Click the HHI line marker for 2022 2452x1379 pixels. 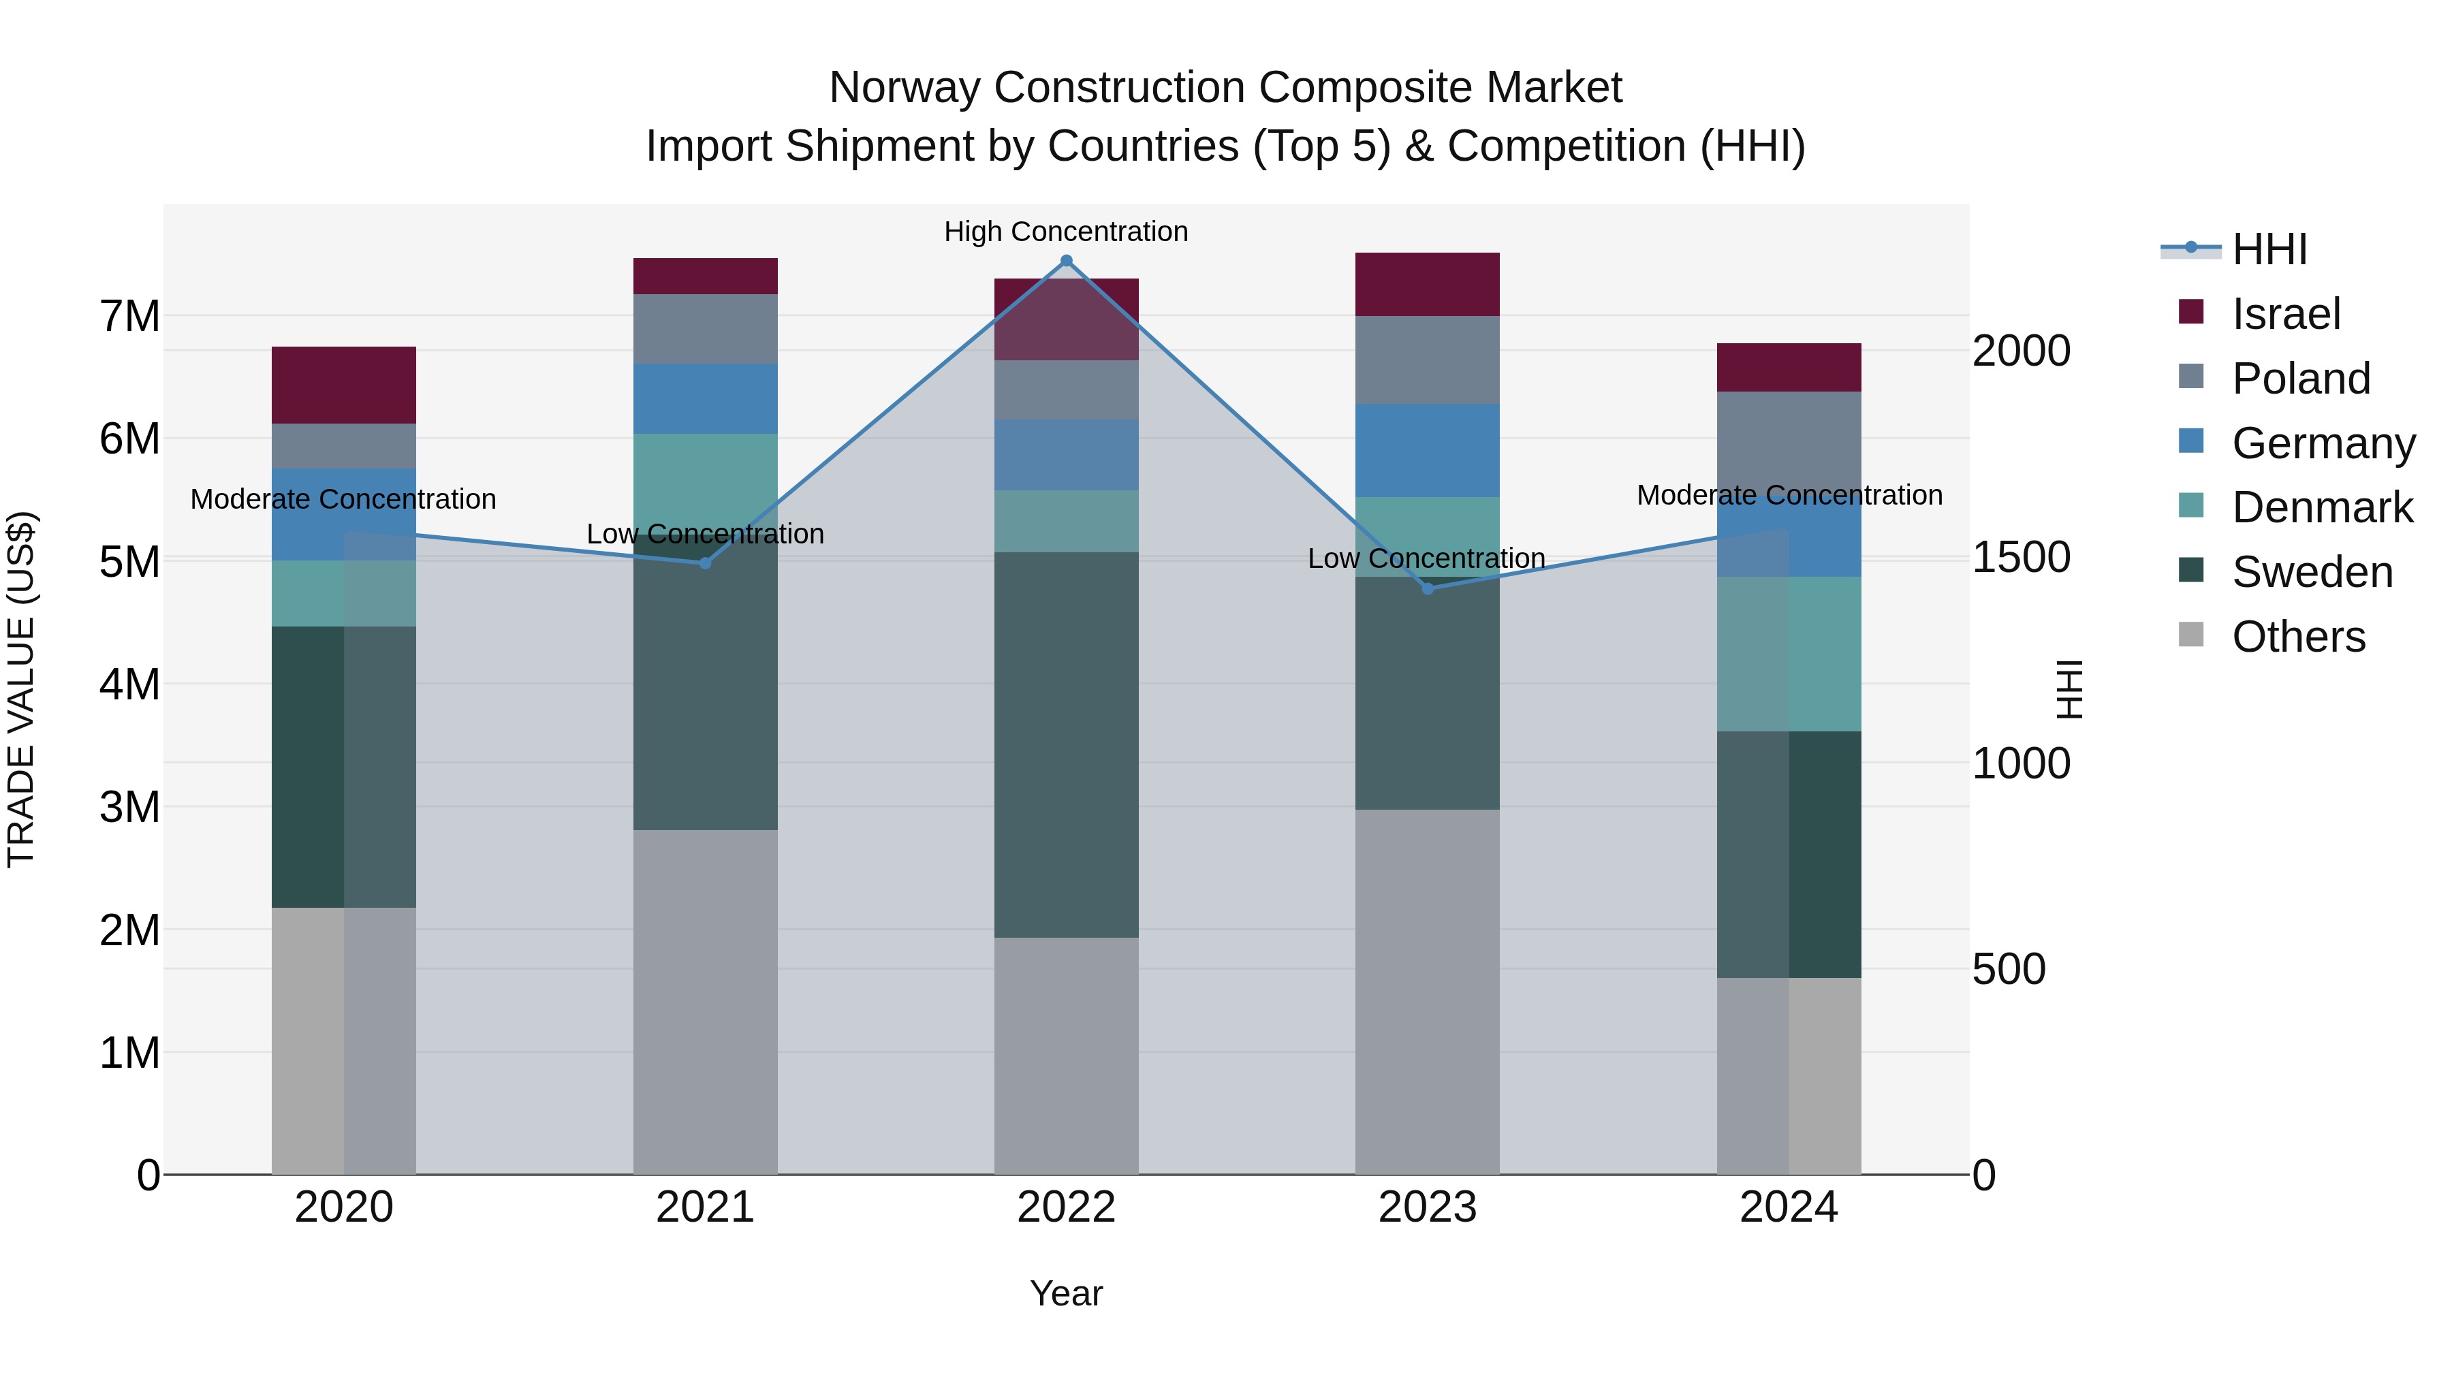point(1066,261)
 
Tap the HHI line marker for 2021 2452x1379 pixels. point(706,563)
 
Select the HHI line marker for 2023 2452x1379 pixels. point(1427,589)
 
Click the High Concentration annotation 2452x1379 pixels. point(1066,232)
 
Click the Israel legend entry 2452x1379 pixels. point(2284,314)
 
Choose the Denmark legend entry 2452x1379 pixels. point(2321,507)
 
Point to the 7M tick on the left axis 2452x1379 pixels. point(129,316)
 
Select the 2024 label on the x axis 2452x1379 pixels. point(1789,1207)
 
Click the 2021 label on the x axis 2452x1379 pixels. point(706,1207)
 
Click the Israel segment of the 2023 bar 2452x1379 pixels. point(1427,285)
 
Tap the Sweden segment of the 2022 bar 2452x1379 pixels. point(1066,744)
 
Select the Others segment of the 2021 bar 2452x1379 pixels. point(706,1001)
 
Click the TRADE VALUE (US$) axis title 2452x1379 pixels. point(21,689)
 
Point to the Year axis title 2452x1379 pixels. point(1066,1293)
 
